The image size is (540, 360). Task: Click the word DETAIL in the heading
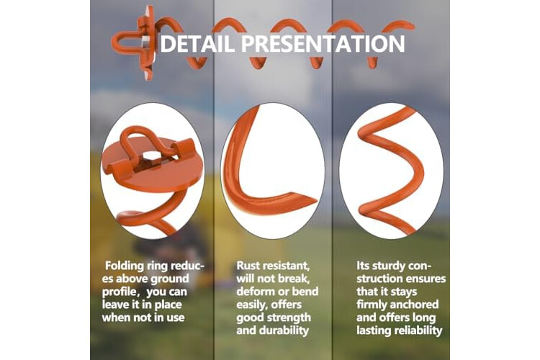(198, 43)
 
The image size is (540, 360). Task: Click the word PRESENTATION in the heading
(323, 43)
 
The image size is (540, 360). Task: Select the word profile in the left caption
(120, 292)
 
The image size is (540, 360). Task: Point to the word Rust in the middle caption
(248, 266)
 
